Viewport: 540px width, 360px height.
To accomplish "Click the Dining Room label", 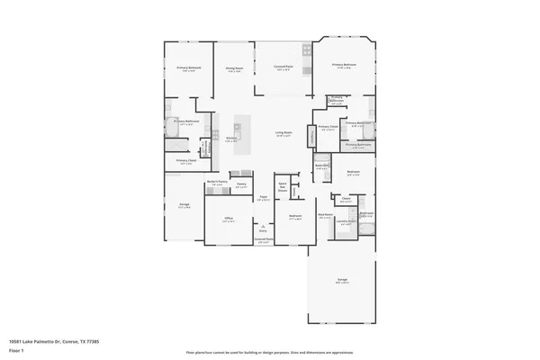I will point(234,69).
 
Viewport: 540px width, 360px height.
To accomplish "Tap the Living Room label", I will point(283,133).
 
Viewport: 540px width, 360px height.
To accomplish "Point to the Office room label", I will point(229,219).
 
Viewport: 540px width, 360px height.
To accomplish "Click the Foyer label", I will point(265,197).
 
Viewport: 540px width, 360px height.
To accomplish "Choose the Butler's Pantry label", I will point(216,183).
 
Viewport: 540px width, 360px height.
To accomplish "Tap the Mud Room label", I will point(324,215).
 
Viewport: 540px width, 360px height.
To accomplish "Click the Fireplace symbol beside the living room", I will point(311,135).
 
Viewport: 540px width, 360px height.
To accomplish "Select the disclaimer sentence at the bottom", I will point(269,352).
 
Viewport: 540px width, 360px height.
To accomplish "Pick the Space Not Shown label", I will point(283,187).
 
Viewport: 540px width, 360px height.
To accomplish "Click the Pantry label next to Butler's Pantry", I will point(241,184).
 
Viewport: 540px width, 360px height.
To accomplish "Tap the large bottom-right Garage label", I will point(342,281).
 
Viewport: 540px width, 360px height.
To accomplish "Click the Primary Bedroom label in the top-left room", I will point(188,68).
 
